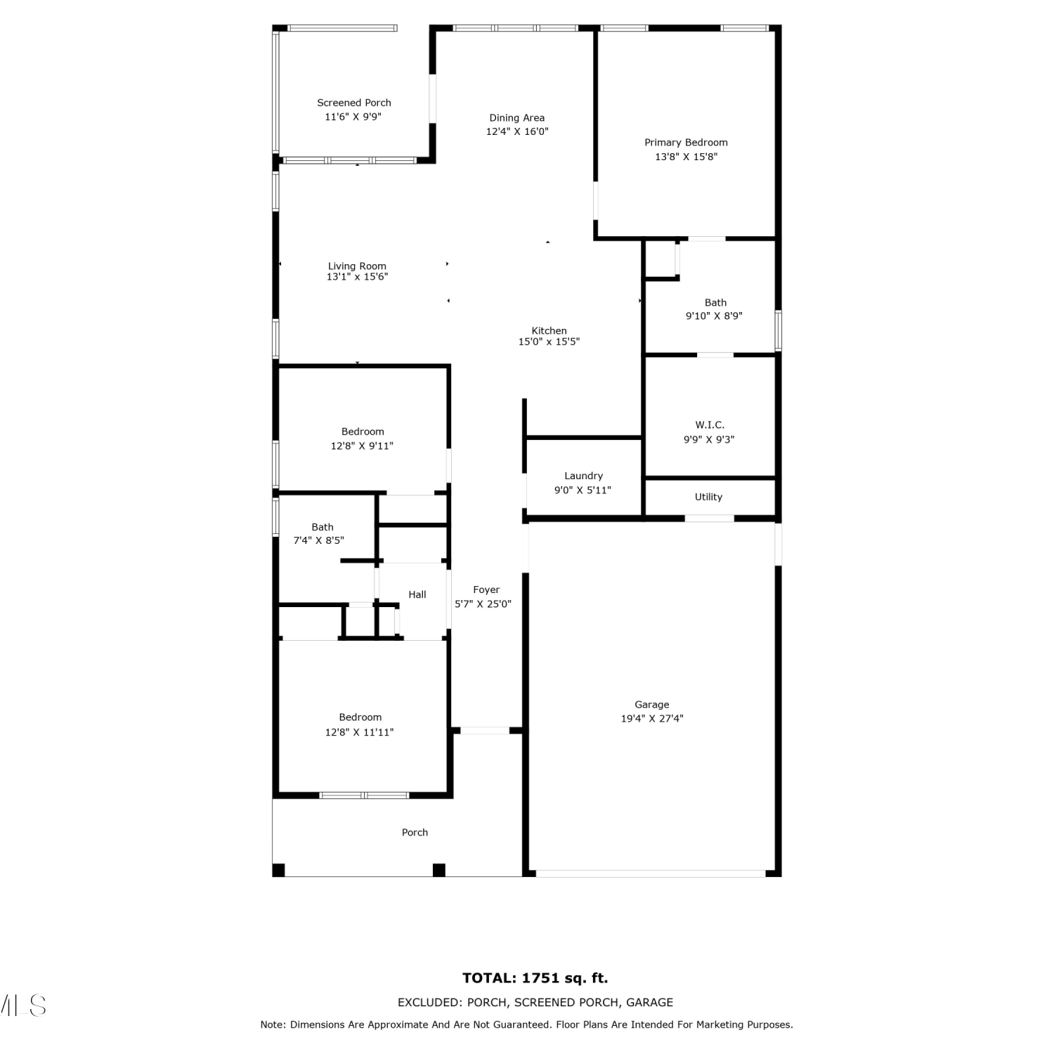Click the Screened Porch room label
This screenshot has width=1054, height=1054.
coord(354,103)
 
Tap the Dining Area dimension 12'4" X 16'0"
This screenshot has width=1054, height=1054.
coord(517,131)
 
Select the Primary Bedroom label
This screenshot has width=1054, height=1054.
coord(686,143)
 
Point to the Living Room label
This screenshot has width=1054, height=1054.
coord(357,266)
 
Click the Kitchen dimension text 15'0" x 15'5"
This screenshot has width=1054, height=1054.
coord(549,342)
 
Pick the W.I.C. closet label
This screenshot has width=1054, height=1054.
coord(710,425)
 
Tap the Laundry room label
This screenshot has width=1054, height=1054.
coord(583,476)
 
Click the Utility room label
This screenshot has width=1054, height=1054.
coord(708,497)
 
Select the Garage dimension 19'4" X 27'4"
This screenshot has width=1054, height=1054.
coord(652,718)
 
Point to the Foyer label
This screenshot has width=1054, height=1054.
coord(486,590)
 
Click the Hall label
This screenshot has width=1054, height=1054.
coord(417,594)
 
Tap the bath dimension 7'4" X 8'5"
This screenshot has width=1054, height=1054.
coord(318,540)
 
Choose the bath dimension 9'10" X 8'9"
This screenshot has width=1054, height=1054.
coord(714,316)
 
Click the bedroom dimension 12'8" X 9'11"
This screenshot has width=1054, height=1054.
coord(362,445)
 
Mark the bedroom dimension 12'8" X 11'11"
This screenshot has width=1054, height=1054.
coord(359,732)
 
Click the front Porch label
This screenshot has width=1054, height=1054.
coord(415,833)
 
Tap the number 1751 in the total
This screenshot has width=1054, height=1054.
coord(541,978)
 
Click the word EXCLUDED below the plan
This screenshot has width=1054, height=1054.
coord(429,1003)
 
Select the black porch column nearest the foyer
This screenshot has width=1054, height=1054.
coord(439,870)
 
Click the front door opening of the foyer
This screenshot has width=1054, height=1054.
coord(485,731)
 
